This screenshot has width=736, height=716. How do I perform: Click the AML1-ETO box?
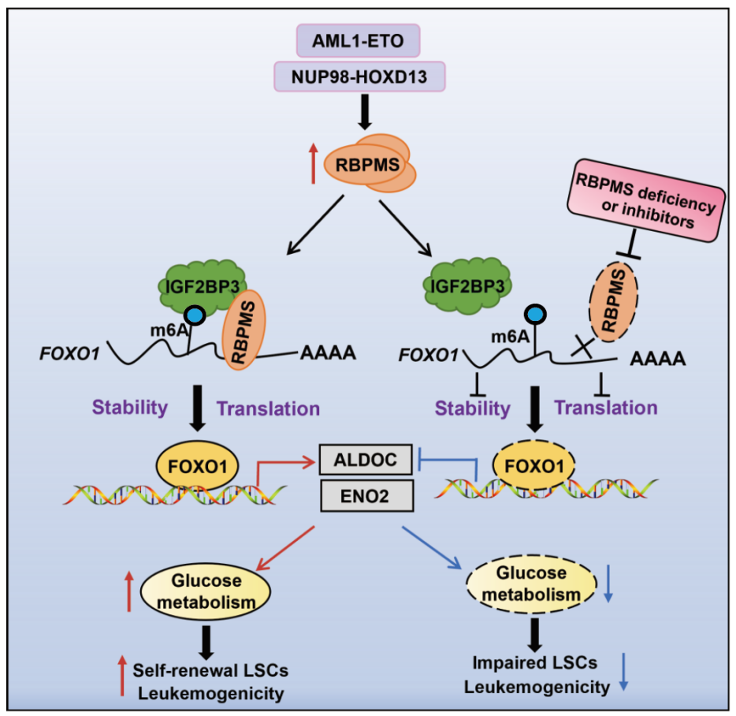(x=358, y=41)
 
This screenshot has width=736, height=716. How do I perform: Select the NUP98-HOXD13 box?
(x=359, y=76)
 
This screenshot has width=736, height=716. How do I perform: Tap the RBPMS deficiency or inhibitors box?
(x=646, y=200)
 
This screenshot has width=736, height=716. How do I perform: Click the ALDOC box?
(x=366, y=460)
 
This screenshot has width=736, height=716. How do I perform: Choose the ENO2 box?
(x=367, y=496)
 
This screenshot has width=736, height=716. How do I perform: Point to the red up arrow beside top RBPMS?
(x=313, y=163)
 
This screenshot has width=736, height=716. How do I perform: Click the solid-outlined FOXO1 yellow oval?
(x=198, y=466)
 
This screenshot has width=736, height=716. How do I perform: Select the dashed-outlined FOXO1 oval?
(x=534, y=465)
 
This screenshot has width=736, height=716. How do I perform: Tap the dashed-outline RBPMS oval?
(x=614, y=301)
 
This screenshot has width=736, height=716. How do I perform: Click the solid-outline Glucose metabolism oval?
(x=206, y=591)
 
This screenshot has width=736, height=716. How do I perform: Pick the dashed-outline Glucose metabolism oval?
(x=531, y=584)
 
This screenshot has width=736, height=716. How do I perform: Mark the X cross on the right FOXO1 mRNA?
(x=582, y=347)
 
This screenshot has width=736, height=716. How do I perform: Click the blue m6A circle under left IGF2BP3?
(x=195, y=315)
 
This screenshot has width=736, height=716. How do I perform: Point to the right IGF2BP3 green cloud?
(x=467, y=285)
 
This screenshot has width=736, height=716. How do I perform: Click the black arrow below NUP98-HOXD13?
(x=365, y=112)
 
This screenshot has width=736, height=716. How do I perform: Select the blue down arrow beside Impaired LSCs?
(x=623, y=672)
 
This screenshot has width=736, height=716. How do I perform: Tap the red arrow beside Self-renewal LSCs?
(x=122, y=676)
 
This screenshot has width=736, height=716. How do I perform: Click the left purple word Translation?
(x=268, y=408)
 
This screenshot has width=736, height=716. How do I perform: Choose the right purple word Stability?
(x=472, y=408)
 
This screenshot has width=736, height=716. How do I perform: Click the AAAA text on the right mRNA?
(x=658, y=359)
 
